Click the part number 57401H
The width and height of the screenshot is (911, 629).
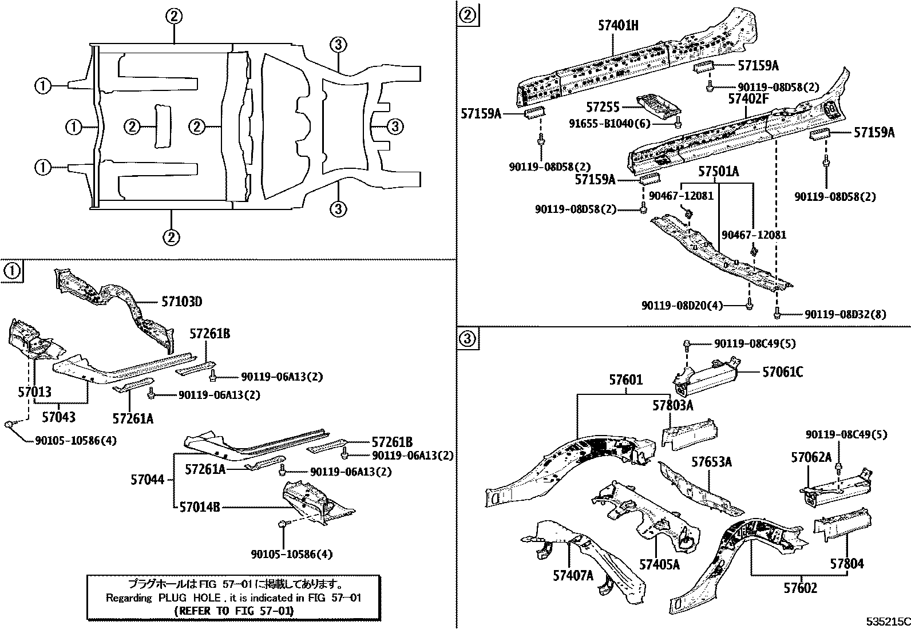(x=618, y=26)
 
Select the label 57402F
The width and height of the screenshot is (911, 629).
(x=747, y=99)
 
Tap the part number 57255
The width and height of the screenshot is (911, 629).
(x=603, y=107)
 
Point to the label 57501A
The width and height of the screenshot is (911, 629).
(x=718, y=172)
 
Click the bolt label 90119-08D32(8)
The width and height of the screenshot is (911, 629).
(x=845, y=314)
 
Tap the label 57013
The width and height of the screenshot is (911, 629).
(x=34, y=392)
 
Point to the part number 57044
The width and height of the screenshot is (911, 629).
(x=147, y=480)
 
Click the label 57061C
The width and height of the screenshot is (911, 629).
(x=782, y=373)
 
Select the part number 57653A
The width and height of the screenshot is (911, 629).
(x=711, y=461)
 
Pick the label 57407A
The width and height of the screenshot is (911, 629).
(x=573, y=575)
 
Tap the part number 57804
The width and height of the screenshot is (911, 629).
(x=847, y=564)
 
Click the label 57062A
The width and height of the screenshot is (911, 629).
(x=811, y=457)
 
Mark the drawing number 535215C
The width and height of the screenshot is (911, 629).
(x=887, y=621)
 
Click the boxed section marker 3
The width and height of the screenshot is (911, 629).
(x=468, y=339)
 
